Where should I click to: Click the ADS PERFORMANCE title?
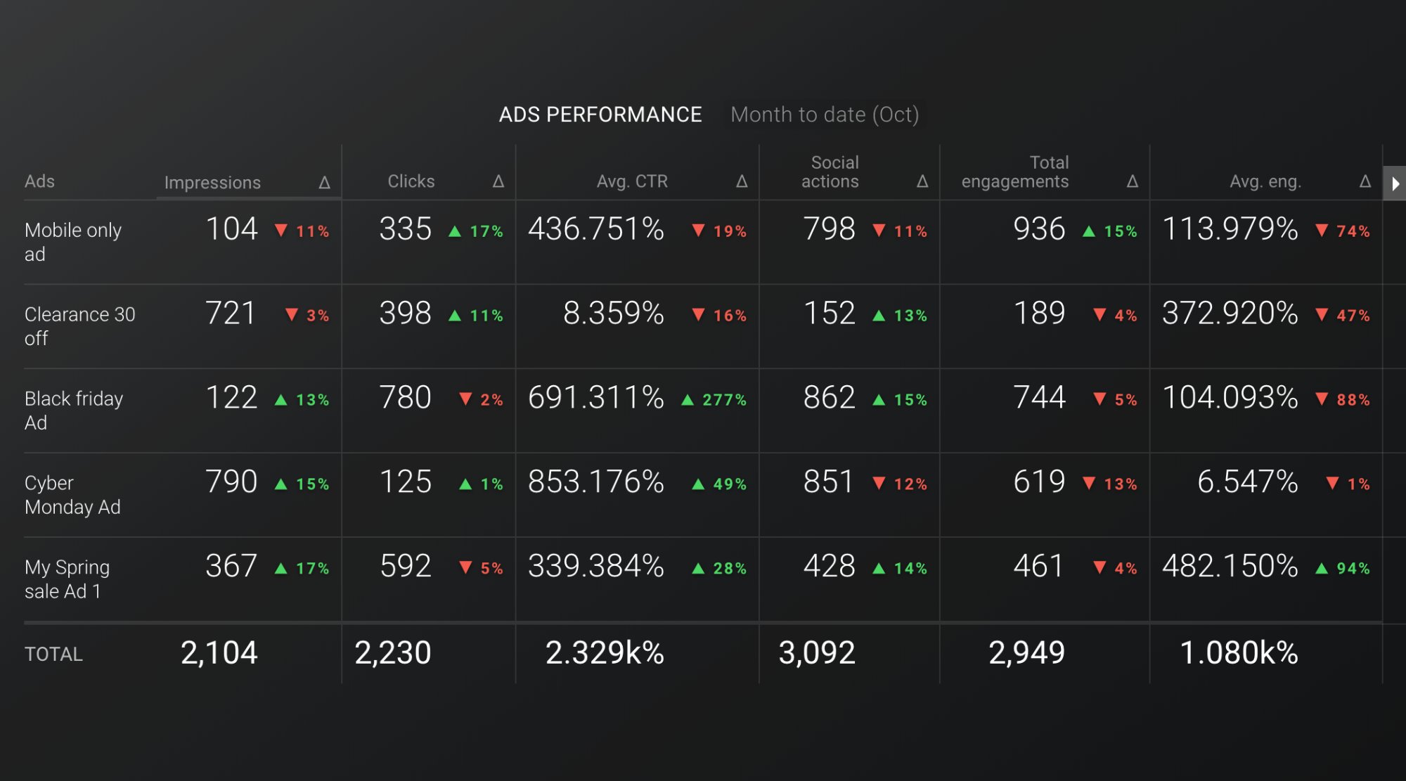[x=600, y=115]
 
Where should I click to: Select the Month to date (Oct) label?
[x=825, y=115]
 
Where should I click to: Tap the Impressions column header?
[x=212, y=183]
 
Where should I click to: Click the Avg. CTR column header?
[x=632, y=181]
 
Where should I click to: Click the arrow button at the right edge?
[x=1395, y=183]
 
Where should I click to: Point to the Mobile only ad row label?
[x=72, y=242]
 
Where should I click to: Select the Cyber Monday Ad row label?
[x=72, y=495]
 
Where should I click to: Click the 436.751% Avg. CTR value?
[x=596, y=229]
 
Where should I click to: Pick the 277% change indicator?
[x=714, y=400]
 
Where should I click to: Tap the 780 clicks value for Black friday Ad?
[x=405, y=398]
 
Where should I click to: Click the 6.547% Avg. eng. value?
[x=1247, y=482]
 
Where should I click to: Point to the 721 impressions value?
[x=231, y=314]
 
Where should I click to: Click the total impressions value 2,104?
[x=219, y=653]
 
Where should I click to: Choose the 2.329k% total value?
[x=605, y=653]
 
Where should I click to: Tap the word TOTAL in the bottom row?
[x=53, y=654]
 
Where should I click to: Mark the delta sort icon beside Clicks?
[x=498, y=181]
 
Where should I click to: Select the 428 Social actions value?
[x=830, y=567]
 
